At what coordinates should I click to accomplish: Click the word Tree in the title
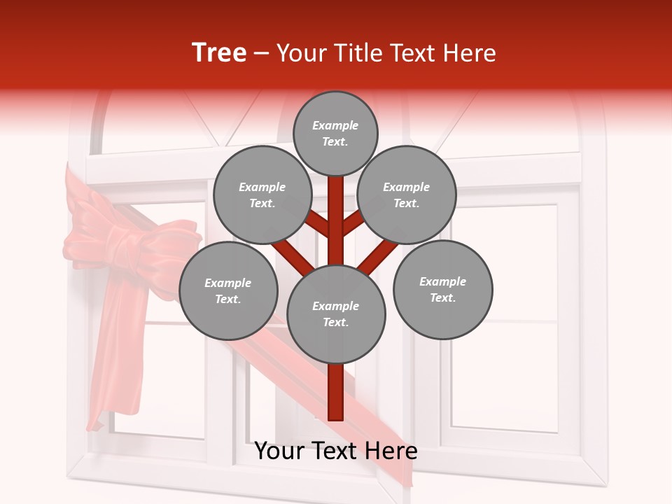pyautogui.click(x=219, y=53)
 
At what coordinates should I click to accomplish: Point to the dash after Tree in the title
pyautogui.click(x=262, y=54)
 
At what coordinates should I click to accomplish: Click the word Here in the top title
pyautogui.click(x=471, y=53)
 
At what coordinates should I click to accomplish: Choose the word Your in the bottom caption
pyautogui.click(x=280, y=451)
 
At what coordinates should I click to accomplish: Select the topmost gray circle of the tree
pyautogui.click(x=335, y=133)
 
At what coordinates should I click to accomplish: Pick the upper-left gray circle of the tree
pyautogui.click(x=262, y=195)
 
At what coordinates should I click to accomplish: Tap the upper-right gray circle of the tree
pyautogui.click(x=407, y=195)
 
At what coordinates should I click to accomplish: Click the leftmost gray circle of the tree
pyautogui.click(x=228, y=291)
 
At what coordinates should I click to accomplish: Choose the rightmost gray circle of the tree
pyautogui.click(x=442, y=290)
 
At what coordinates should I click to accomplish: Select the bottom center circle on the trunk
pyautogui.click(x=336, y=314)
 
